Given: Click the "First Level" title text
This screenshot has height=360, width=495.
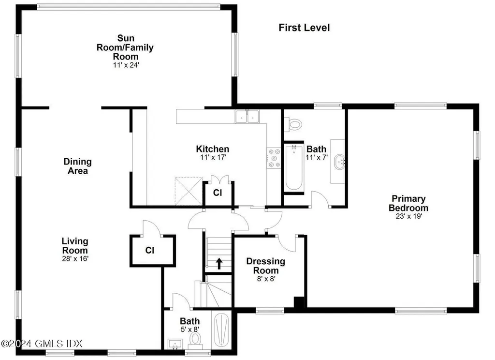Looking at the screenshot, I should pyautogui.click(x=304, y=28).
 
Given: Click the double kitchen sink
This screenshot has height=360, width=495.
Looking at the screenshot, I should pyautogui.click(x=248, y=117).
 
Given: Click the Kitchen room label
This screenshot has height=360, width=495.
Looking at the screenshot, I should pyautogui.click(x=212, y=149).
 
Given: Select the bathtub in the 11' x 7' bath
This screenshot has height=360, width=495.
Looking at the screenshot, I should pyautogui.click(x=293, y=167).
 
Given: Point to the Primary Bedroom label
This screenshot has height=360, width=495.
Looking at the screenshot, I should pyautogui.click(x=408, y=203).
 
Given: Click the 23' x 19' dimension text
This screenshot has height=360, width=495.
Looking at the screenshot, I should pyautogui.click(x=408, y=217).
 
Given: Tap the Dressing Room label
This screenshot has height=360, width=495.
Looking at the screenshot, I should pyautogui.click(x=265, y=266).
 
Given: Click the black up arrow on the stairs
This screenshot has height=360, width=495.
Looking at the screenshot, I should pyautogui.click(x=219, y=263).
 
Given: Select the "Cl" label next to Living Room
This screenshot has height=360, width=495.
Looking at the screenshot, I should pyautogui.click(x=150, y=251).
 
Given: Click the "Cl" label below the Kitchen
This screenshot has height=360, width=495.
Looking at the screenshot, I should pyautogui.click(x=218, y=193).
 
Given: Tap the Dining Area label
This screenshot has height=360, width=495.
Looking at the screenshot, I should pyautogui.click(x=77, y=166).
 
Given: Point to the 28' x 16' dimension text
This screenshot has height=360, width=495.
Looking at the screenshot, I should pyautogui.click(x=74, y=259).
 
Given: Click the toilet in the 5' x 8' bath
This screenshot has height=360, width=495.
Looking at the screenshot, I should pyautogui.click(x=195, y=339).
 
